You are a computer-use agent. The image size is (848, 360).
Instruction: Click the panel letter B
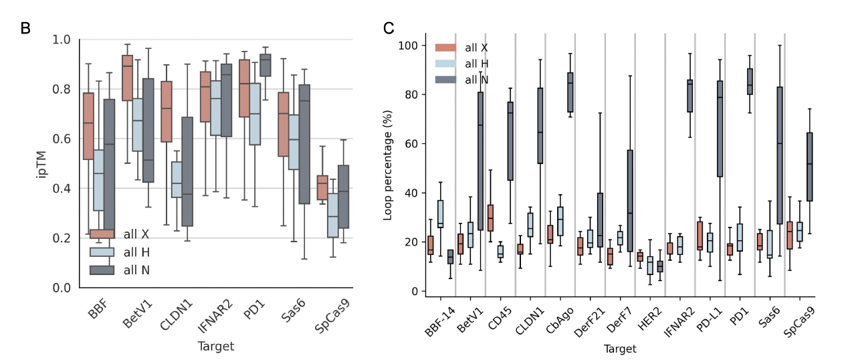click(26, 29)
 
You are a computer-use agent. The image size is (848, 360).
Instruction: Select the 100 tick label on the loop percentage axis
click(408, 46)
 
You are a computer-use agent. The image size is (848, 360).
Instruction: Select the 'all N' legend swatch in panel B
click(102, 270)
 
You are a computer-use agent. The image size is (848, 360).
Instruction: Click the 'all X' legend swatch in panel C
click(446, 48)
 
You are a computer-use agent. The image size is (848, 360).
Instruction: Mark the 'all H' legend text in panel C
click(476, 64)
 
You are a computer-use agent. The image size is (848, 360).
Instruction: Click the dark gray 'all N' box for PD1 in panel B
click(270, 65)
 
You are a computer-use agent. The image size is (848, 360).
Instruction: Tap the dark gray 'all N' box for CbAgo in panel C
click(570, 92)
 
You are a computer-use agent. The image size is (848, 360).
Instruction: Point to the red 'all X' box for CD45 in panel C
click(490, 217)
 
